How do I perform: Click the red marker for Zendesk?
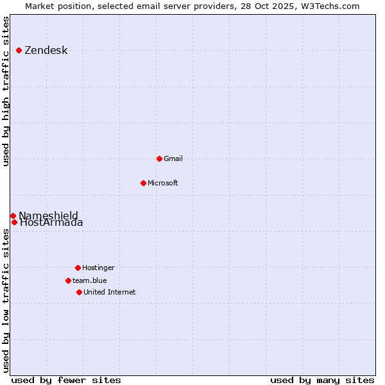click(19, 50)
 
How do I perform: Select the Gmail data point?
click(159, 158)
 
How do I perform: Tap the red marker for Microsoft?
click(143, 183)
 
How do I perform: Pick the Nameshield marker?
click(13, 216)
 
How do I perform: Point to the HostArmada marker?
click(14, 222)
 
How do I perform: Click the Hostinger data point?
click(78, 268)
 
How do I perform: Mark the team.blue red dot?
click(68, 280)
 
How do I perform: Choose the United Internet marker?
click(79, 292)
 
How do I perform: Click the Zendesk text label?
click(46, 51)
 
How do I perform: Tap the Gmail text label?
click(173, 158)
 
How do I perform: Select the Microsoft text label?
click(163, 183)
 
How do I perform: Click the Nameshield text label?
click(49, 215)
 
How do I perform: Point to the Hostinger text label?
click(98, 268)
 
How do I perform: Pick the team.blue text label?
click(90, 280)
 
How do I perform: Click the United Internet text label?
click(110, 292)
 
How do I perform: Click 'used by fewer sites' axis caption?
click(66, 380)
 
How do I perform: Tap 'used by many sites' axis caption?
click(322, 380)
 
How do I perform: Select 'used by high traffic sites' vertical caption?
click(6, 91)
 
